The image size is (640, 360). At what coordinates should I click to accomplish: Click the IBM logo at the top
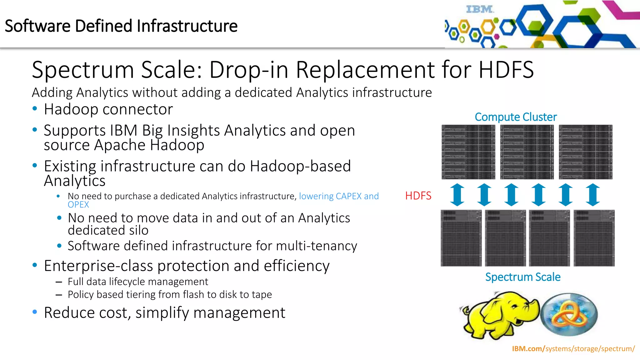[480, 9]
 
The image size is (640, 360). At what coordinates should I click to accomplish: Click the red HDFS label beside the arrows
[418, 196]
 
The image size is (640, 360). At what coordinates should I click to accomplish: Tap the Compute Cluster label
[515, 117]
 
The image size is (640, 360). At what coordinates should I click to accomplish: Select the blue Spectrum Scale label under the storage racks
[522, 277]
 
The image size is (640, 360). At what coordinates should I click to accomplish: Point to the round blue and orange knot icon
[569, 314]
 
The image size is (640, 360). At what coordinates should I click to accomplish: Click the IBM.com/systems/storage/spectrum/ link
[573, 349]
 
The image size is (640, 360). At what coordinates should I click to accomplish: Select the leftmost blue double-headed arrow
[457, 195]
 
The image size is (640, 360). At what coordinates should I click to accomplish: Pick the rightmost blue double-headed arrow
[593, 195]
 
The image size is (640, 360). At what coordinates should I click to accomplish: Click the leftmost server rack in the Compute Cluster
[468, 152]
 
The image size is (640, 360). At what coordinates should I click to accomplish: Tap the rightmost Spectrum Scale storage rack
[594, 238]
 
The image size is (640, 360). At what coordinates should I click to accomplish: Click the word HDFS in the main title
[506, 69]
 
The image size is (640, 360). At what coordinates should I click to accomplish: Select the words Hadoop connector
[108, 109]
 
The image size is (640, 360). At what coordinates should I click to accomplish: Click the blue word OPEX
[78, 205]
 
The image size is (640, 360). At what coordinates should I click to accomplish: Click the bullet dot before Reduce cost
[35, 312]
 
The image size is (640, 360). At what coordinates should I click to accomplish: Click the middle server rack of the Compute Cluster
[527, 152]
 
